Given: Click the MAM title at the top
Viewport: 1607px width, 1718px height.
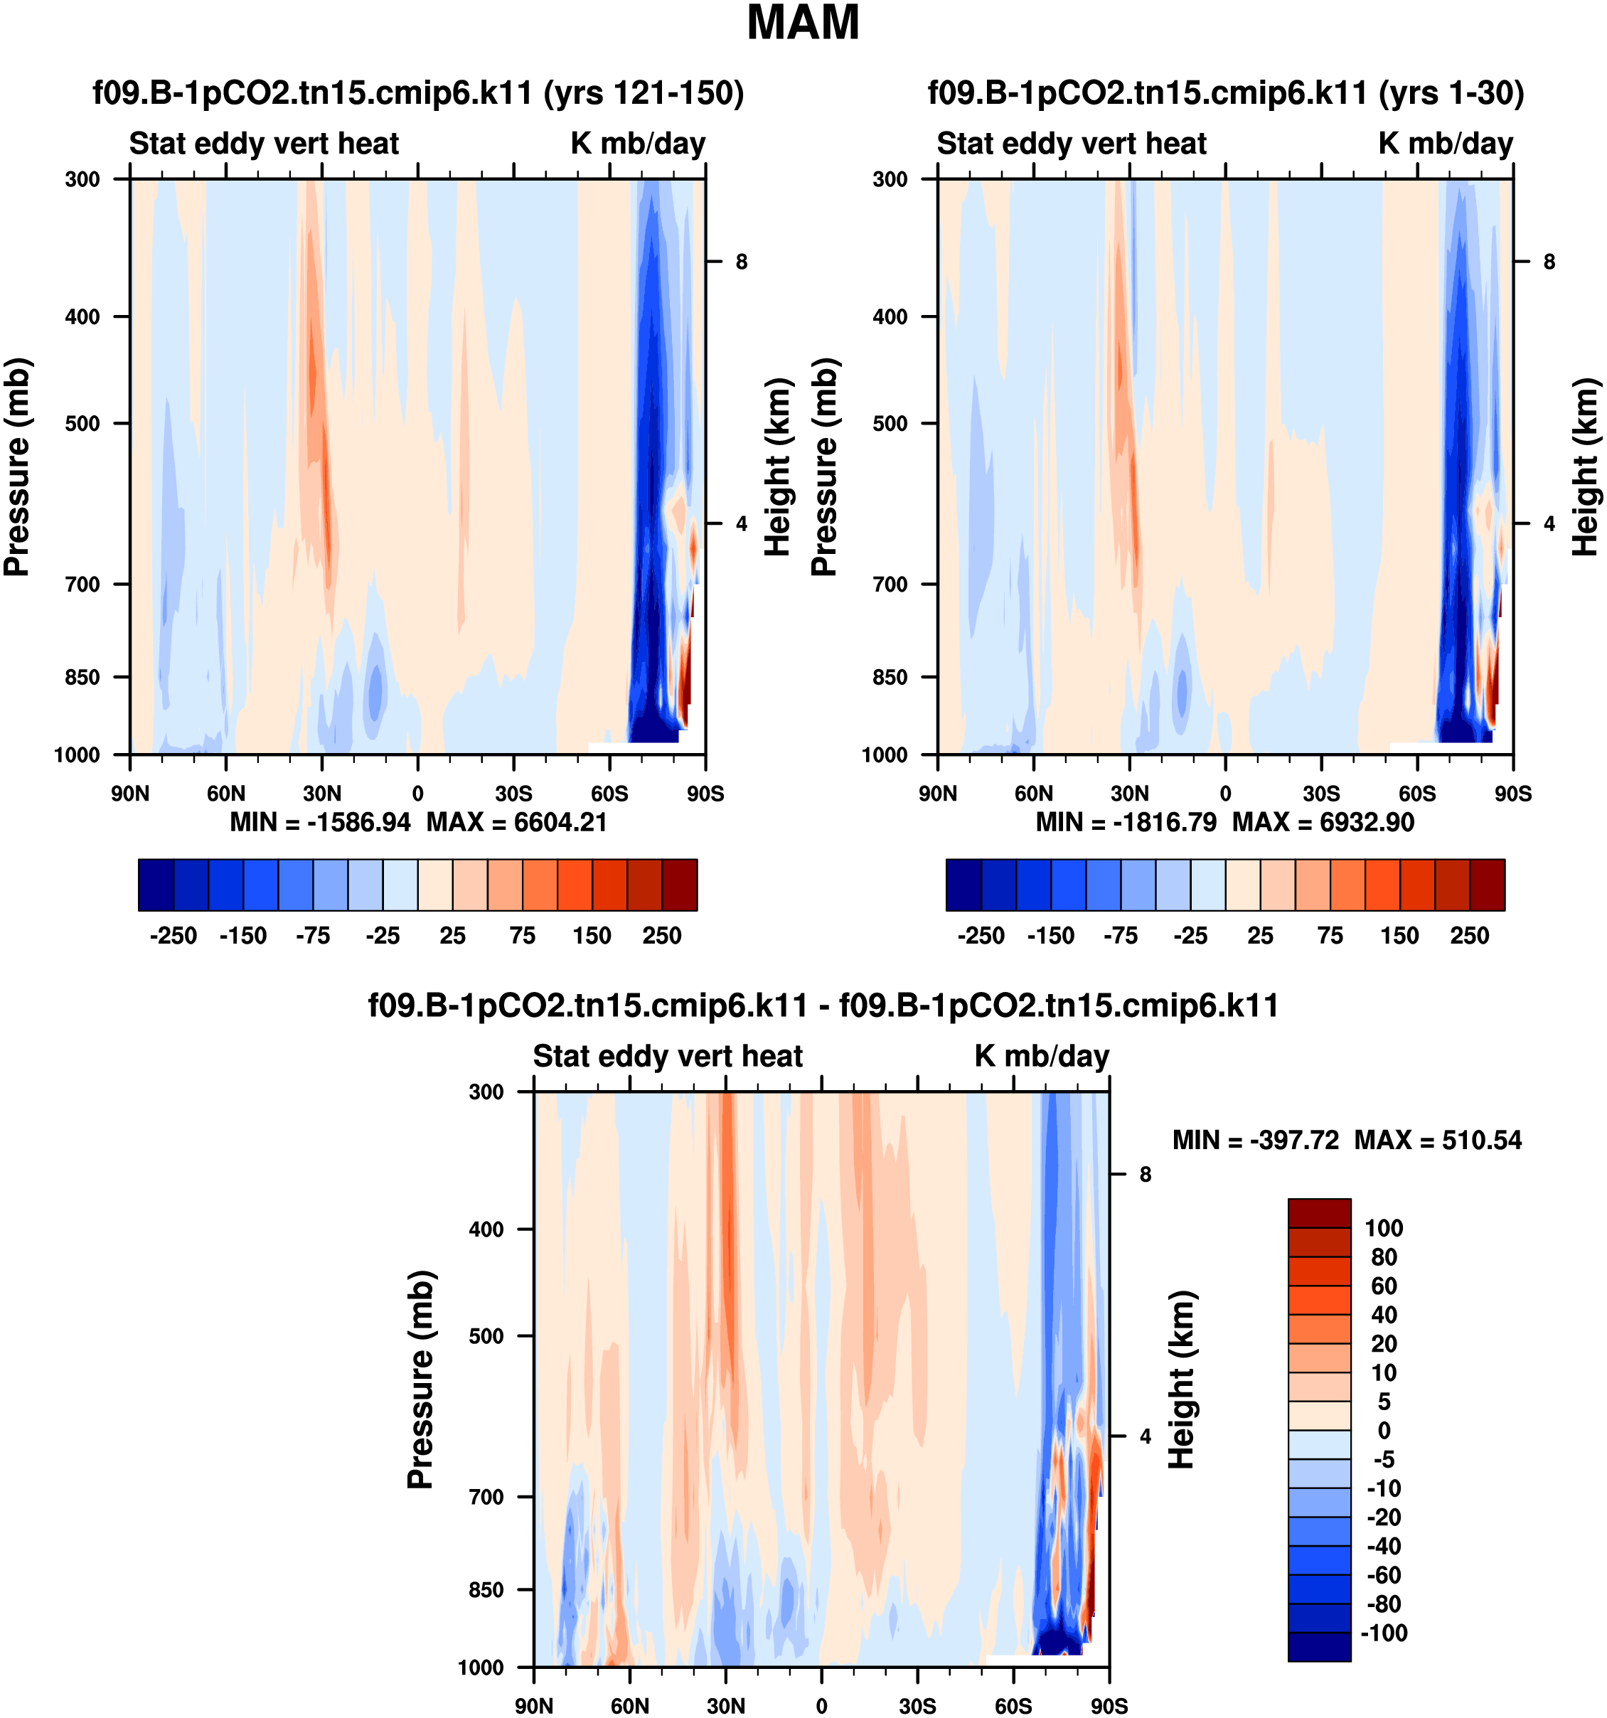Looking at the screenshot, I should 803,23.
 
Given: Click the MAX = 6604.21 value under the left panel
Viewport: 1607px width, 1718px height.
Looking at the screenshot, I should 517,822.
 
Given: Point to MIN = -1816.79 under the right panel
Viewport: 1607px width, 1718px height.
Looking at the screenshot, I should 1126,822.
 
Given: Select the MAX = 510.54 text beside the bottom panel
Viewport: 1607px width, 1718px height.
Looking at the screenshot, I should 1438,1140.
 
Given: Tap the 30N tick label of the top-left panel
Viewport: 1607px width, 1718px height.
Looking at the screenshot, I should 321,794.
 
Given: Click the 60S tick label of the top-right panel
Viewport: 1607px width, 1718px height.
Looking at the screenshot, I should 1417,794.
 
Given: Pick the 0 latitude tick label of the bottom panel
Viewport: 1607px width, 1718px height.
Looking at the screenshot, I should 822,1706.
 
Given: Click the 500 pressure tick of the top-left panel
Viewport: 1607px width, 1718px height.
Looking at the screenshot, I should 83,423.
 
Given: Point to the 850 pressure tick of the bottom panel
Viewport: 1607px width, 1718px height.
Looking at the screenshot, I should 486,1590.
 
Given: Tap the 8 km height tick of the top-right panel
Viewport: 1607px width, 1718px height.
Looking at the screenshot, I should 1549,262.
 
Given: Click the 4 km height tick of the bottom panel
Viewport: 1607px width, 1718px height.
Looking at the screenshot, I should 1146,1436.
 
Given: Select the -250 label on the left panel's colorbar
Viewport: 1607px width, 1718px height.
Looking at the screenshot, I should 173,936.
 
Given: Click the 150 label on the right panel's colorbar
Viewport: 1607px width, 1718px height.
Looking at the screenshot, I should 1399,936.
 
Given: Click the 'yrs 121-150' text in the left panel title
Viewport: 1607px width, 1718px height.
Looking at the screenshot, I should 644,92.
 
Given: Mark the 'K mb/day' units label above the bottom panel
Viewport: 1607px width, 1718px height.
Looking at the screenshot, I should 1042,1056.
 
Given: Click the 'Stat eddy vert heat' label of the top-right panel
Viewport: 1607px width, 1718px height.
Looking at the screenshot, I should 1072,144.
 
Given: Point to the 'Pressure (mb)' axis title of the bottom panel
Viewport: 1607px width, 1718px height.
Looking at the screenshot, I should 421,1380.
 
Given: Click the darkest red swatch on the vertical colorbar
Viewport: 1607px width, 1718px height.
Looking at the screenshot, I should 1319,1212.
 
